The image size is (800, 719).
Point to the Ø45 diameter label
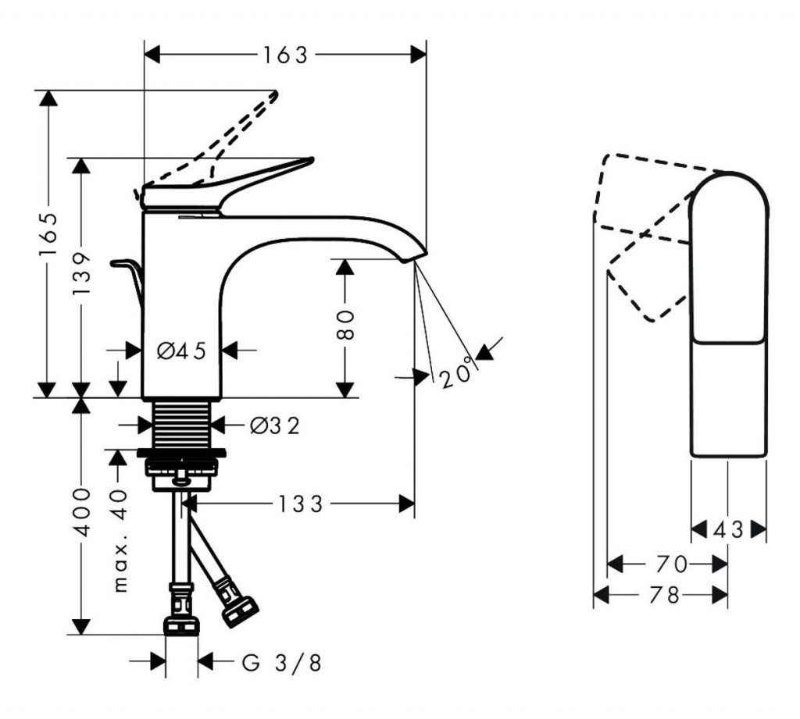(180, 351)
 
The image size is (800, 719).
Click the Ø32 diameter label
(274, 425)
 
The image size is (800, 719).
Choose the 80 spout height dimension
(347, 324)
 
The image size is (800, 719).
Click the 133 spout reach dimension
(298, 504)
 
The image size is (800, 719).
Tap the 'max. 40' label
(119, 539)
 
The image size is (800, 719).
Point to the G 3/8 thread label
(281, 664)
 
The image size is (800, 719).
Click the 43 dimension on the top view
(729, 530)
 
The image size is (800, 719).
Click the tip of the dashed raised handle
(274, 94)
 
